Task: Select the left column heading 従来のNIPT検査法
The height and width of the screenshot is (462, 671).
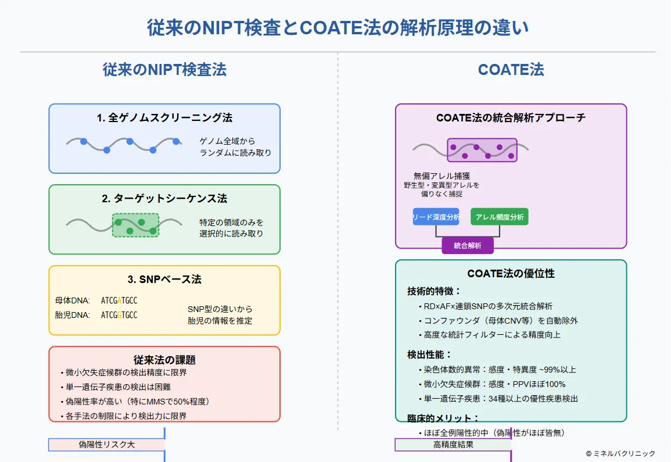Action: click(x=164, y=70)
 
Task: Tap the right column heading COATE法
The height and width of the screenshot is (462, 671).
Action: click(x=511, y=70)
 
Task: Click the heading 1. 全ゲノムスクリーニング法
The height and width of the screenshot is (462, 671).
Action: click(x=164, y=117)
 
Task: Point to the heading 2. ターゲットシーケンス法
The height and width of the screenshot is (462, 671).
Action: click(x=164, y=198)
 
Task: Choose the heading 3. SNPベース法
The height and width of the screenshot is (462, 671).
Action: click(x=164, y=279)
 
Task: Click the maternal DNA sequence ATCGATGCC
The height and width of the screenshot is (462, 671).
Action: click(x=119, y=300)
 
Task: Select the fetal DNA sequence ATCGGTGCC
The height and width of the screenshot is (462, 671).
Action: click(x=119, y=315)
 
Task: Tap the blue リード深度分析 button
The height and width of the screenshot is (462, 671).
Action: click(x=436, y=217)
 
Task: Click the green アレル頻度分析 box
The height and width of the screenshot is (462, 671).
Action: click(x=500, y=217)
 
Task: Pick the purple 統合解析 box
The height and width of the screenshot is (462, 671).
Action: click(x=468, y=246)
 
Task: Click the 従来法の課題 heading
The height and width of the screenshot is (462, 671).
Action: click(x=164, y=360)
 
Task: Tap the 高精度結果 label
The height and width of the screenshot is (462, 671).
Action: click(x=453, y=445)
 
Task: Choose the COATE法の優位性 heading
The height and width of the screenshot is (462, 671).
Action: click(x=511, y=274)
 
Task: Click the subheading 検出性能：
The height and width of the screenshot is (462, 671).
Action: click(x=429, y=354)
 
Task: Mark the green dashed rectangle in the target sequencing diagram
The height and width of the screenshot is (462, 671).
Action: click(x=135, y=225)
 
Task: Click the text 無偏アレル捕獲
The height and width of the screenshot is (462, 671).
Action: click(x=442, y=176)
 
